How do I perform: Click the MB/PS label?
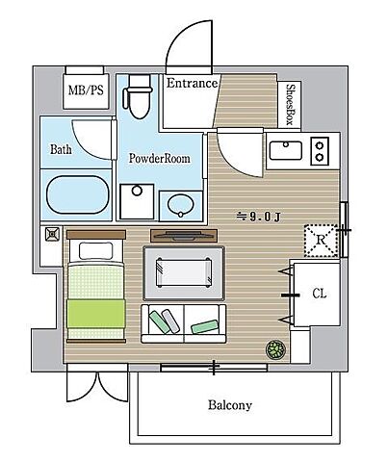[x=86, y=90]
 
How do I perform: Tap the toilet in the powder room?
[x=138, y=96]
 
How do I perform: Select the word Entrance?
[x=192, y=83]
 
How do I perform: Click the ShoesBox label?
[x=291, y=104]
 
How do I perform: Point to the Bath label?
[x=61, y=149]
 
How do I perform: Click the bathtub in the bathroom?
[x=78, y=194]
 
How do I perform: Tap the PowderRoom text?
[x=160, y=158]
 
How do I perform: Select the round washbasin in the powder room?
[x=181, y=205]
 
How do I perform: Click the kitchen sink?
[x=286, y=150]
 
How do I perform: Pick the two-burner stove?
[x=320, y=151]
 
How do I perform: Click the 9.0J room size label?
[x=259, y=218]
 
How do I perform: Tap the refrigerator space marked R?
[x=321, y=241]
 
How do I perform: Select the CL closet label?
[x=320, y=294]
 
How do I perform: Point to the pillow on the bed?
[x=96, y=251]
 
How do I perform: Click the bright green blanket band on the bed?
[x=96, y=314]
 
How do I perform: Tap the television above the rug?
[x=184, y=236]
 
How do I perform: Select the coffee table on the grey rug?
[x=184, y=272]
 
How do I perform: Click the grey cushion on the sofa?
[x=170, y=321]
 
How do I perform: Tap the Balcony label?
[x=230, y=405]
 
